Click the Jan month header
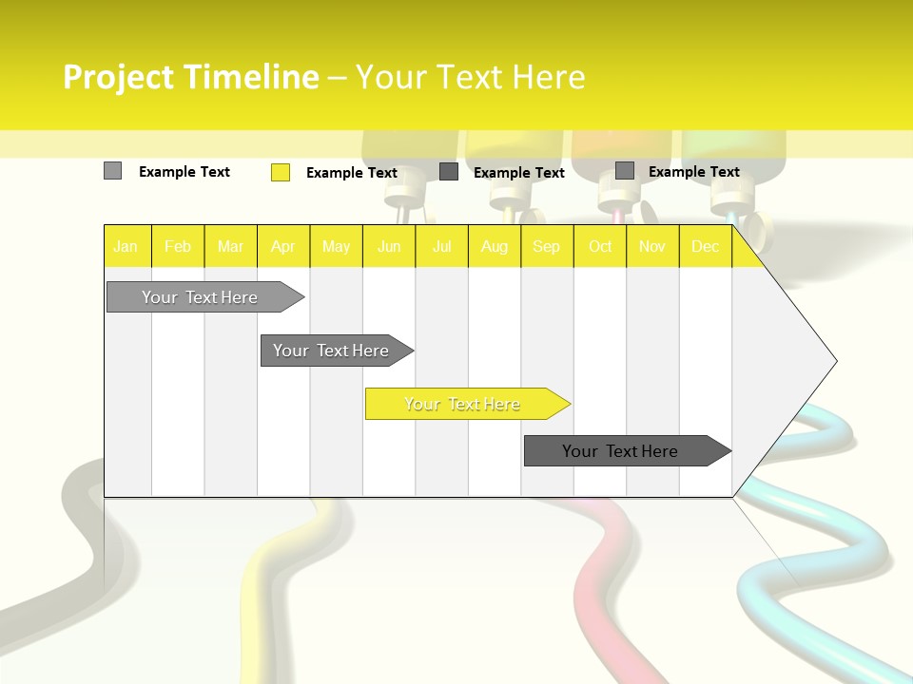[126, 246]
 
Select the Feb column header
[178, 246]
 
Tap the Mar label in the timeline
[230, 246]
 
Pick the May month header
[336, 246]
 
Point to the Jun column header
[389, 246]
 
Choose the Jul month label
[441, 246]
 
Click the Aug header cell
[494, 246]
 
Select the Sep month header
[546, 246]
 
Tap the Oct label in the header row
[600, 246]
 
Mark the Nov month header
[652, 246]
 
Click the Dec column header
[705, 246]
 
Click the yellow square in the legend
[281, 172]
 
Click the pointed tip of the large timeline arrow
[835, 361]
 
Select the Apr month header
[283, 246]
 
